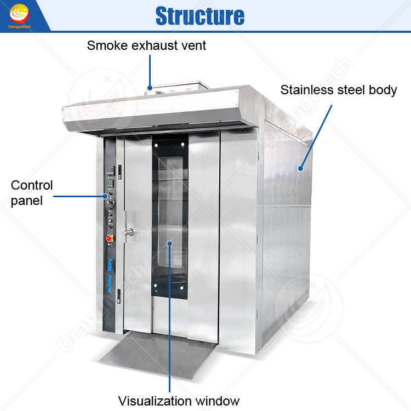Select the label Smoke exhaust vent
146,45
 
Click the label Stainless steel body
339,90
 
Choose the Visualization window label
179,401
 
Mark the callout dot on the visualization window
170,243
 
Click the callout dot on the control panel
105,195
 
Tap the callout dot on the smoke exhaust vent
149,87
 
